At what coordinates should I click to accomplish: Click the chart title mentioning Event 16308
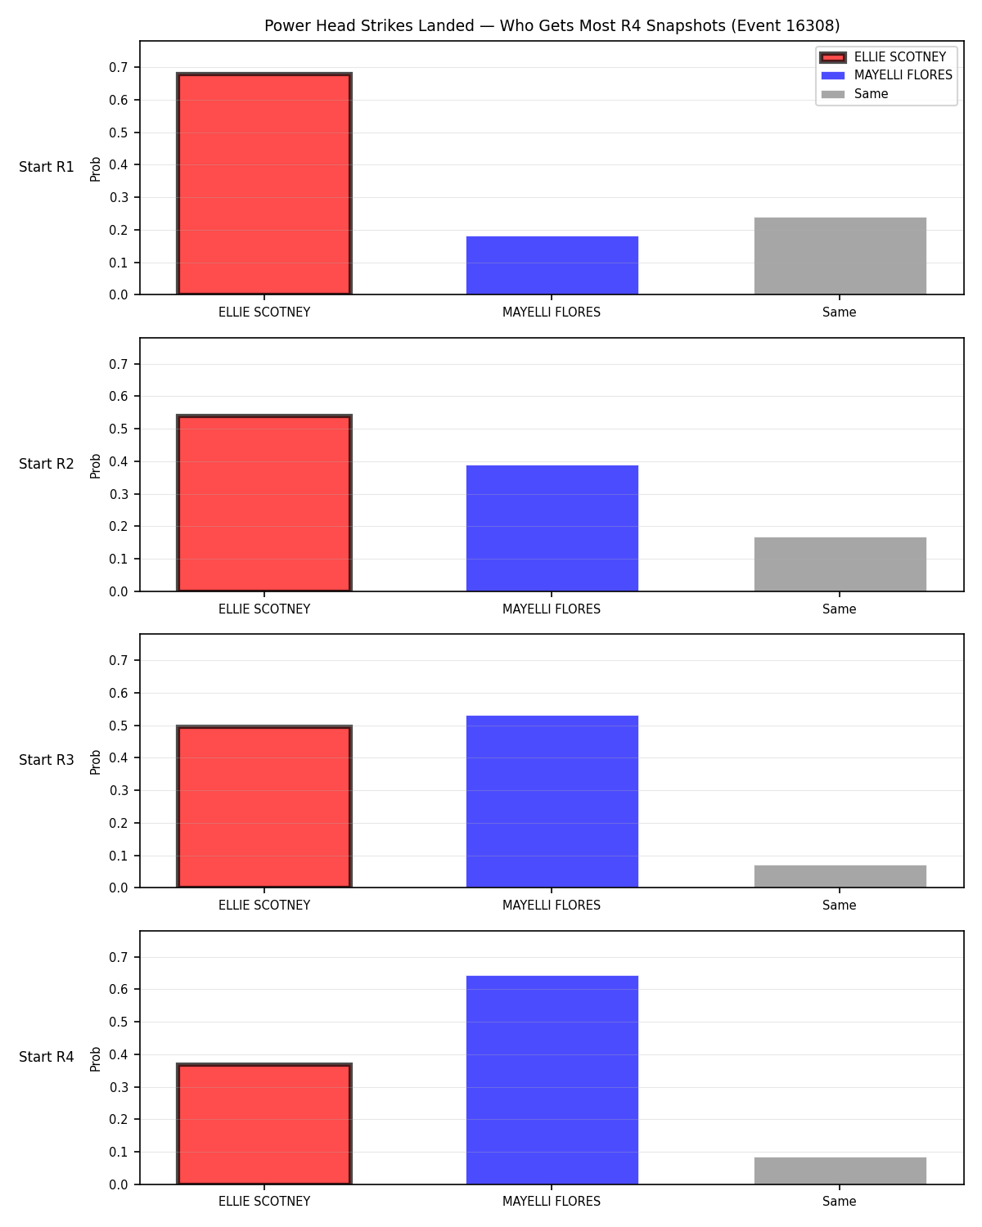552,25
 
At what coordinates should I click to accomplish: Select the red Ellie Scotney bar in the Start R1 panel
264,183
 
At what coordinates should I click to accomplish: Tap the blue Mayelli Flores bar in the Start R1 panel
552,265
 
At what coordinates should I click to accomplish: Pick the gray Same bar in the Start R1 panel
840,256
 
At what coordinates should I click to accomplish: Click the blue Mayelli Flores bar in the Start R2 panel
552,528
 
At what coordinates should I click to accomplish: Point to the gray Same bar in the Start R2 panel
840,564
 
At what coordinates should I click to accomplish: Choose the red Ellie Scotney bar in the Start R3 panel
264,807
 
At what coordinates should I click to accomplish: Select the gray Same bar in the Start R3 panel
840,876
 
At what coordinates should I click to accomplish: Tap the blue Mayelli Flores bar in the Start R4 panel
552,1080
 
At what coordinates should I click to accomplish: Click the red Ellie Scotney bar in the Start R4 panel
264,1124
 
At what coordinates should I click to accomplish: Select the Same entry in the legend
854,94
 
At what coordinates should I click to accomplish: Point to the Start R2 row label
46,464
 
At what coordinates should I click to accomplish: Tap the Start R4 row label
46,1057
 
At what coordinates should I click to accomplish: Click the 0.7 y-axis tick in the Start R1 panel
118,67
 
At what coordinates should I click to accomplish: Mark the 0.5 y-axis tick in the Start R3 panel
118,726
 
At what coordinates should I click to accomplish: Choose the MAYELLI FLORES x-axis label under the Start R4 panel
552,1202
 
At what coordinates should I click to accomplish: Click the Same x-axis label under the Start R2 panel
839,609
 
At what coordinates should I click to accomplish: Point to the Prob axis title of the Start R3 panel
95,762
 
